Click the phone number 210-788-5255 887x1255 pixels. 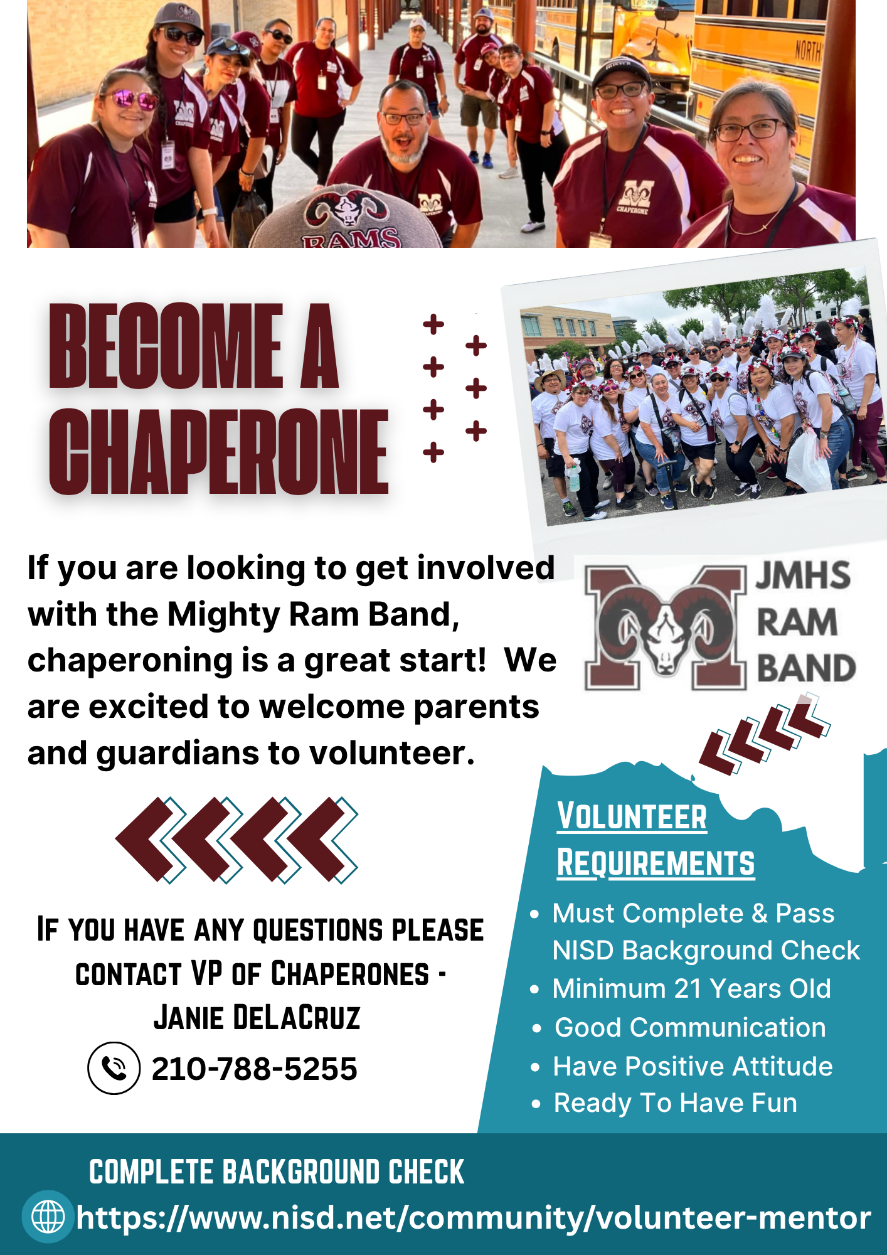pyautogui.click(x=254, y=1069)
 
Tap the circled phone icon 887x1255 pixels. pyautogui.click(x=114, y=1068)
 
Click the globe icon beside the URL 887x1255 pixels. pyautogui.click(x=48, y=1217)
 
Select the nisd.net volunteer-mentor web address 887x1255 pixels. pyautogui.click(x=473, y=1218)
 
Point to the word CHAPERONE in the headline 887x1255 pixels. pyautogui.click(x=219, y=451)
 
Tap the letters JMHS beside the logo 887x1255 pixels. pyautogui.click(x=803, y=575)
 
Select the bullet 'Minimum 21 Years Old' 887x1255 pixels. pyautogui.click(x=691, y=988)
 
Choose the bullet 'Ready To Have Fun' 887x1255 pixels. pyautogui.click(x=675, y=1103)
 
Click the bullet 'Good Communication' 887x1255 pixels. pyautogui.click(x=690, y=1027)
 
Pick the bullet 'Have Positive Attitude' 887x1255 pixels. pyautogui.click(x=693, y=1066)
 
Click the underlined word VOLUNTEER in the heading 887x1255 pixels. pyautogui.click(x=632, y=816)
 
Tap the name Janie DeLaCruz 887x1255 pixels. pyautogui.click(x=257, y=1017)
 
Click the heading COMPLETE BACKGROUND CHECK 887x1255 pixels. pyautogui.click(x=277, y=1172)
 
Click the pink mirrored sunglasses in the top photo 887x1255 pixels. pyautogui.click(x=130, y=99)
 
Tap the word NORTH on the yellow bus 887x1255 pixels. pyautogui.click(x=807, y=50)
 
